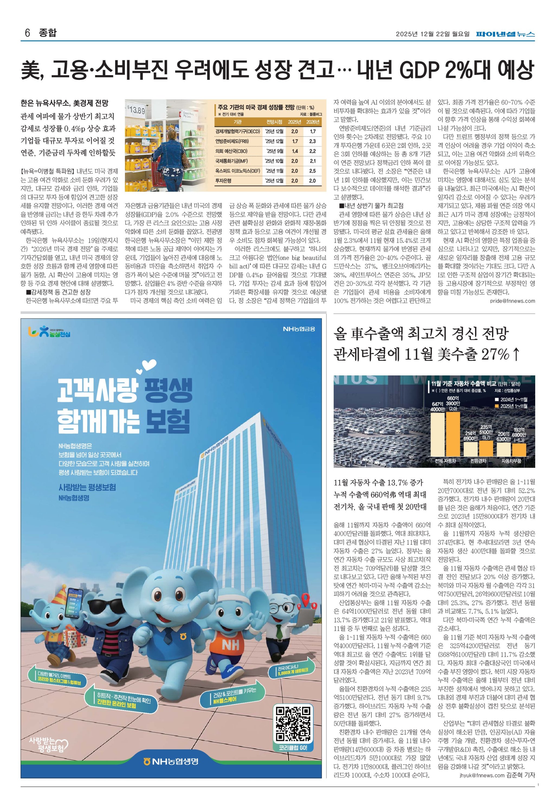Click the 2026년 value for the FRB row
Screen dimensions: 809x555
[312, 141]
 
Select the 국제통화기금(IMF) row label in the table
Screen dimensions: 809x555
[231, 161]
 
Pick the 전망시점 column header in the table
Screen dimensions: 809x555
[274, 122]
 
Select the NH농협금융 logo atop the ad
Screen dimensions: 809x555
[299, 329]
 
